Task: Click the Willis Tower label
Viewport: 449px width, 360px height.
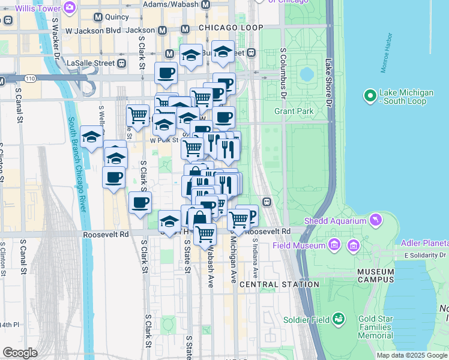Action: (x=37, y=8)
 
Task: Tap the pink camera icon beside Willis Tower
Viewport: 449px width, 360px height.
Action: (x=69, y=8)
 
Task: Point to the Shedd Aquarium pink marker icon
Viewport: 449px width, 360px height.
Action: (x=376, y=221)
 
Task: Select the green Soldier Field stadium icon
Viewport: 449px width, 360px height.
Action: (x=339, y=319)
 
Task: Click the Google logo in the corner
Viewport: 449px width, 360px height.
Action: (x=20, y=353)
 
